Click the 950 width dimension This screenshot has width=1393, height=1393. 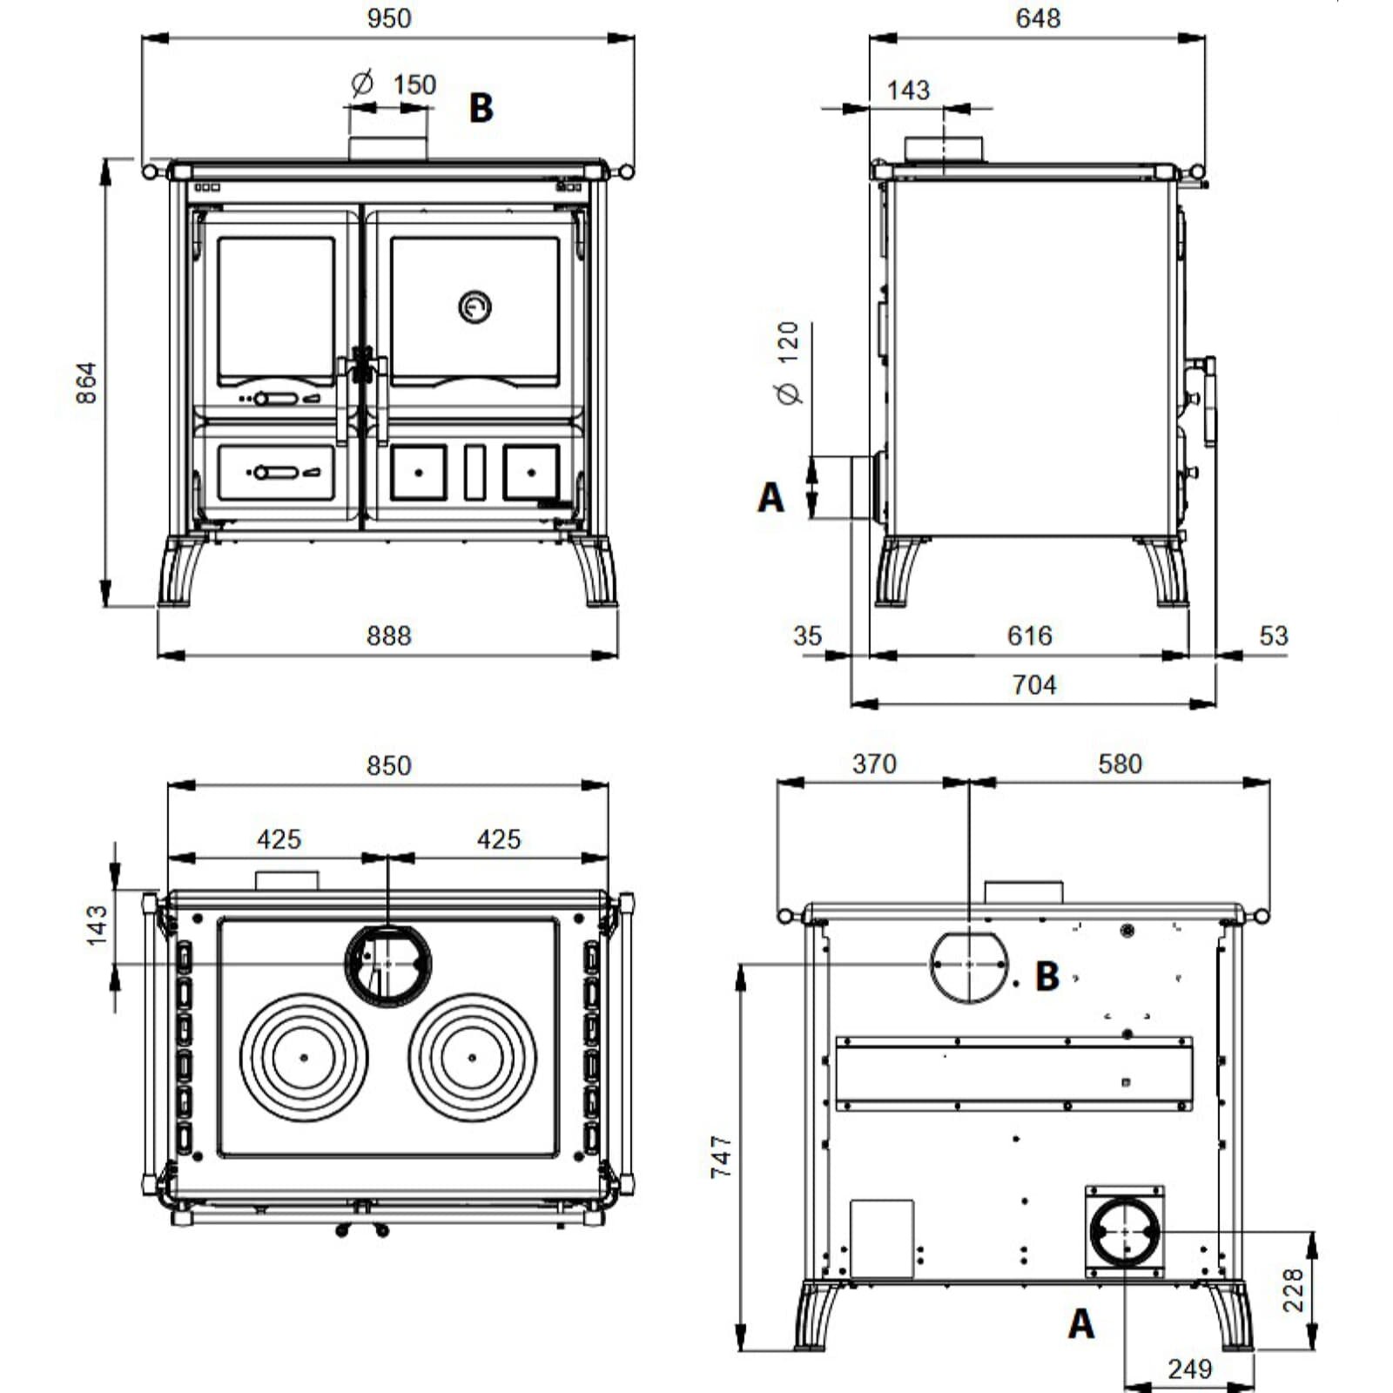pos(388,18)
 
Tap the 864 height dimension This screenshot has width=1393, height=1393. pos(86,383)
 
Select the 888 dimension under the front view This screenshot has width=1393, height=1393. pos(388,636)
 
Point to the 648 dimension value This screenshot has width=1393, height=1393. pos(1038,18)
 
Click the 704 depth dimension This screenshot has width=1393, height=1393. pos(1034,685)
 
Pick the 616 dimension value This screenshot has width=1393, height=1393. pos(1030,636)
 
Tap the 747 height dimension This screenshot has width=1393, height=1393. pos(722,1156)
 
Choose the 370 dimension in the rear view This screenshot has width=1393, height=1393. pos(874,764)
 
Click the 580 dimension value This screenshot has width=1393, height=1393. pos(1120,764)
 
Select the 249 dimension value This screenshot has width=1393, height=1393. pos(1190,1369)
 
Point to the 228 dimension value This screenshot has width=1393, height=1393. pos(1293,1290)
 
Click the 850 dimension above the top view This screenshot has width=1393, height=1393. pos(388,766)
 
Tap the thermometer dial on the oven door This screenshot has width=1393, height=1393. pos(474,306)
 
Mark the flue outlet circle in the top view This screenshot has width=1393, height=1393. pos(388,926)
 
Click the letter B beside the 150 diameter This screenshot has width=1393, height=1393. pos(481,108)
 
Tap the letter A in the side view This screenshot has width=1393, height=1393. pos(771,498)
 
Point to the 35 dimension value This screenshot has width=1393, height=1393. pos(807,636)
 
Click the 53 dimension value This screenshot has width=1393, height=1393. pos(1274,636)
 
